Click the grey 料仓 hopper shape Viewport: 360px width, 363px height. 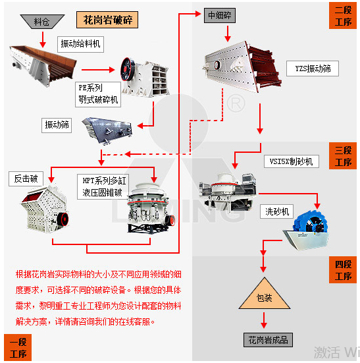42,22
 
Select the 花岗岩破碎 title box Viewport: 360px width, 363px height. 107,20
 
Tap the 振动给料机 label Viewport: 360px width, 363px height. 80,44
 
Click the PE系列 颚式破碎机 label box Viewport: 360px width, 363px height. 98,94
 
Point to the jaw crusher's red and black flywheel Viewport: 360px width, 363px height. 128,69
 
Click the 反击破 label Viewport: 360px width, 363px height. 26,179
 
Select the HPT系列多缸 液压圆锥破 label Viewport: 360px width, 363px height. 103,186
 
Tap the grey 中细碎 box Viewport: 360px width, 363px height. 220,15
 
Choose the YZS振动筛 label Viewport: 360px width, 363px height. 313,69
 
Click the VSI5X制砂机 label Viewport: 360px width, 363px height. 292,161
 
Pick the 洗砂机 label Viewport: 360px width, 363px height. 277,211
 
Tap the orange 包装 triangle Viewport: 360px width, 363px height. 265,296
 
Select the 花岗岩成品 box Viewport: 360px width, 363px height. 269,340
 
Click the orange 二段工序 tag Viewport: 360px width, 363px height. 343,16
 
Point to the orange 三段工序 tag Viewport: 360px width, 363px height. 343,155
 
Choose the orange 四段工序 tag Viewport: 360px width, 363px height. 343,269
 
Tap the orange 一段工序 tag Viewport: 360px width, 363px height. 18,347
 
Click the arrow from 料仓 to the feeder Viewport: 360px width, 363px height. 43,40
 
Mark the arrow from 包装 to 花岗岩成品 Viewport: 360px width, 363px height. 264,320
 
